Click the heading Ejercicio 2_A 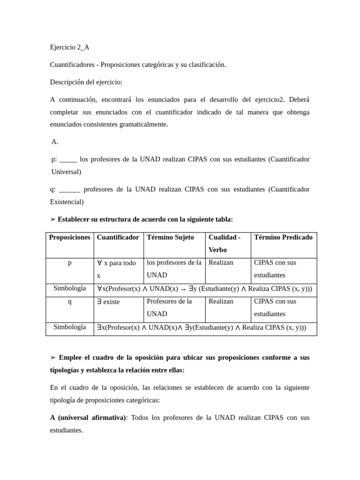pos(69,47)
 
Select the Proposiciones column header pos(69,237)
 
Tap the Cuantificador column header pos(118,237)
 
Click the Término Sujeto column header pos(170,237)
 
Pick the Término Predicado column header pos(283,237)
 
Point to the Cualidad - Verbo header pos(225,243)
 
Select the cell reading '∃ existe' pos(108,302)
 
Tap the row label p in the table pos(70,263)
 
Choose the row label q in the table pos(70,301)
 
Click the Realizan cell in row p pos(221,262)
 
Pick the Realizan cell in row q pos(221,301)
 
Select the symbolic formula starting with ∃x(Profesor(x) pos(202,328)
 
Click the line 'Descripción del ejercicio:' pos(86,82)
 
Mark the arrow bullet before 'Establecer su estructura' pos(53,219)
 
